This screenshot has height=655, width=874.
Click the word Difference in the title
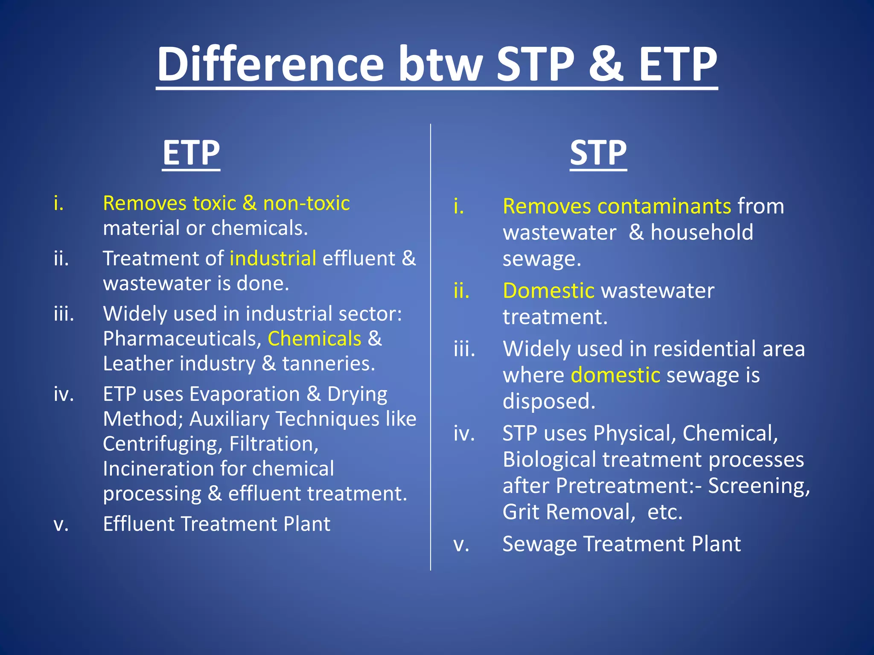(271, 65)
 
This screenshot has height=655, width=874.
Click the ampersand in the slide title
(606, 65)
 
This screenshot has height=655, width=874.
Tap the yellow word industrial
(273, 258)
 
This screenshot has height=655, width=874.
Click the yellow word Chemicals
(315, 339)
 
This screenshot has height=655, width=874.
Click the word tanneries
(329, 364)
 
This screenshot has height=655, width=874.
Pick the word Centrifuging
(163, 444)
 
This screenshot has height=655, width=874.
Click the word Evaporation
(245, 394)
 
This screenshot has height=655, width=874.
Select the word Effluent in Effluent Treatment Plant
(138, 524)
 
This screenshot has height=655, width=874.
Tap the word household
(702, 232)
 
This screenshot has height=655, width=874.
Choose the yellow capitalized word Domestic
(548, 291)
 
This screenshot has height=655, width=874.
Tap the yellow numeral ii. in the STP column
(462, 291)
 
